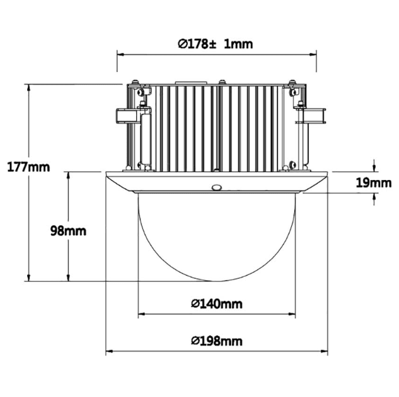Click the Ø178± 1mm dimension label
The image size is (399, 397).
pyautogui.click(x=215, y=43)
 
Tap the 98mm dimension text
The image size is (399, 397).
pyautogui.click(x=68, y=230)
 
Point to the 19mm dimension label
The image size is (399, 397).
pyautogui.click(x=374, y=182)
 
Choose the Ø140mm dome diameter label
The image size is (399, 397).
pyautogui.click(x=216, y=304)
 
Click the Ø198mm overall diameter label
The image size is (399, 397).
pyautogui.click(x=216, y=341)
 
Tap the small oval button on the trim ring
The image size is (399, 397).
pyautogui.click(x=217, y=187)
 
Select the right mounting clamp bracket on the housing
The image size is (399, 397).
pyautogui.click(x=311, y=115)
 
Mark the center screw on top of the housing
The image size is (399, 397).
pyautogui.click(x=222, y=81)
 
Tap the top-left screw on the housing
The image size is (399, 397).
pyautogui.click(x=134, y=82)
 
